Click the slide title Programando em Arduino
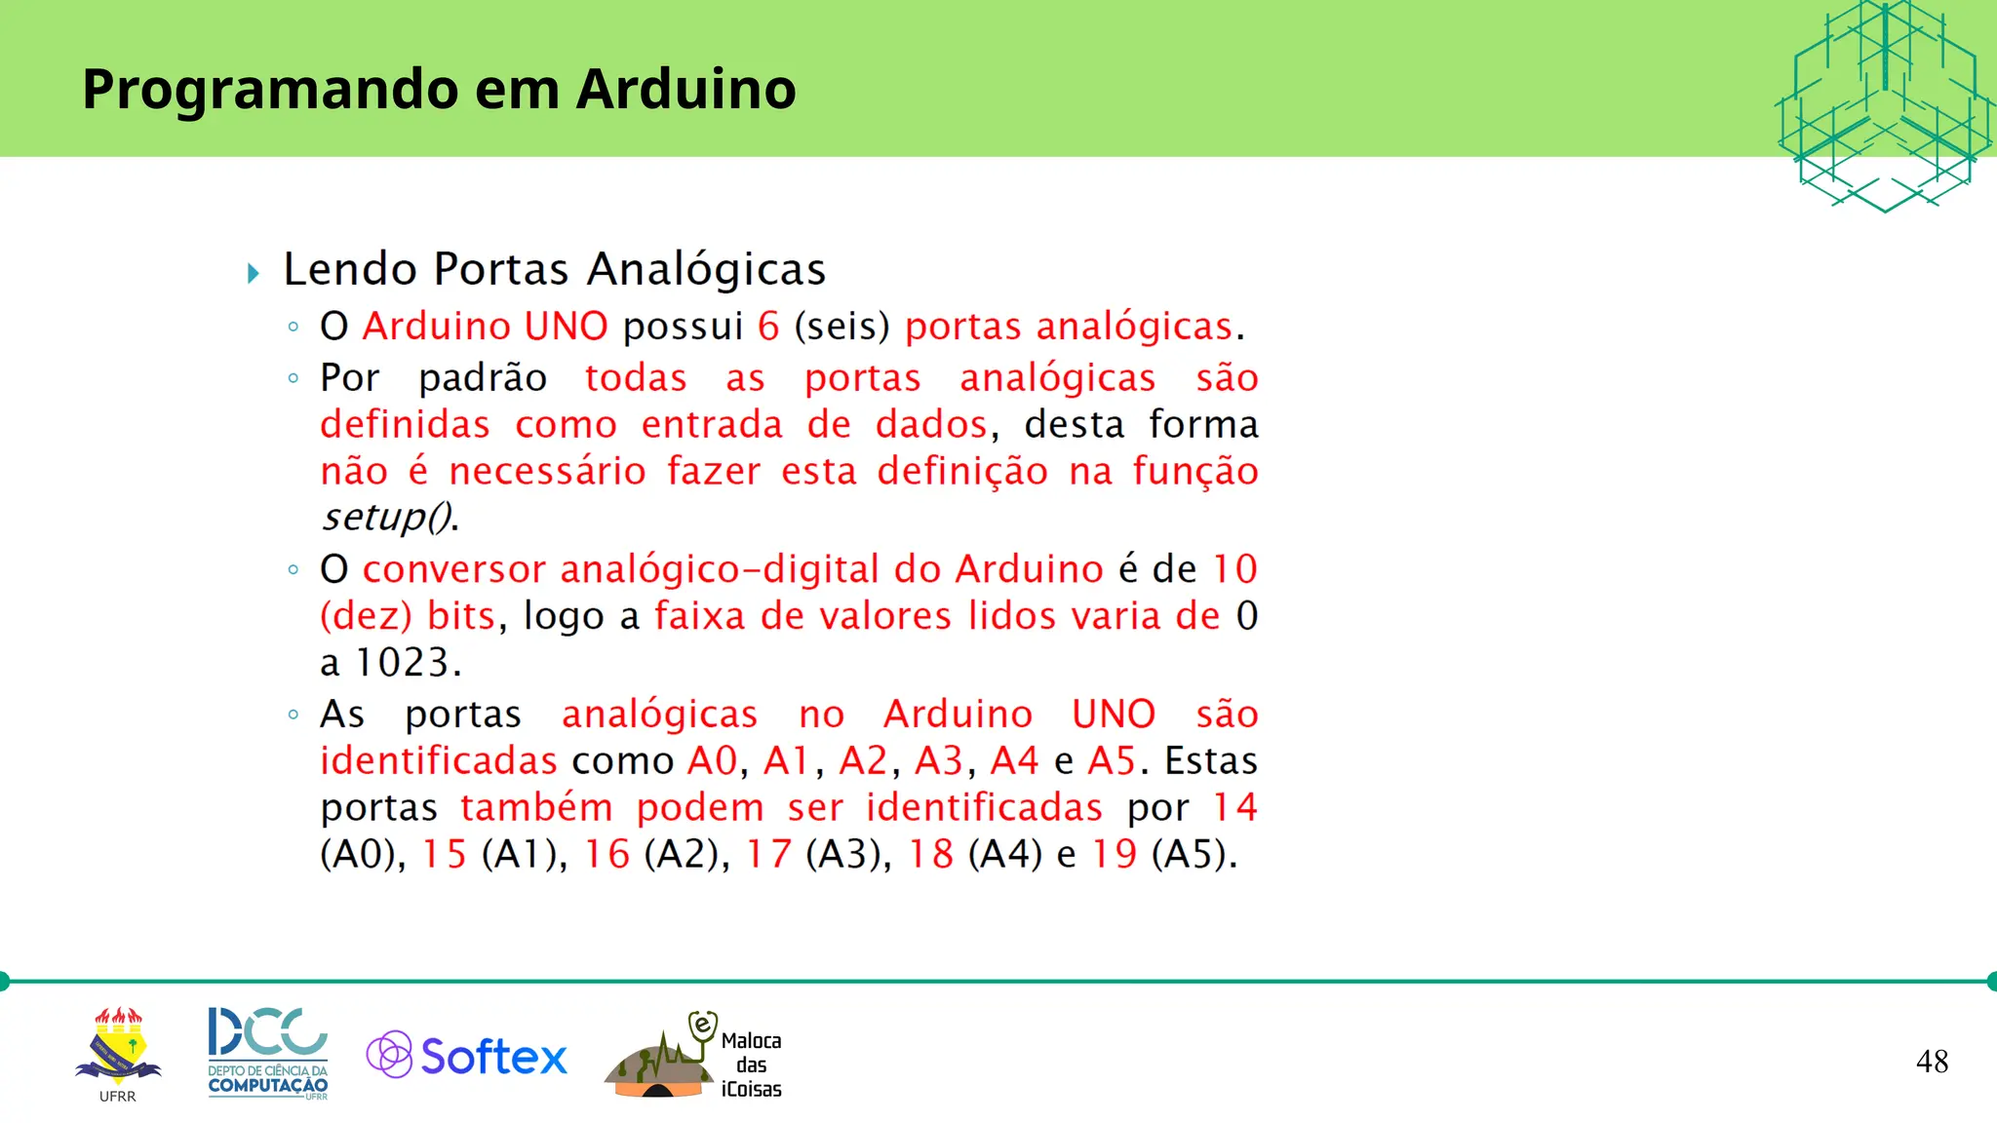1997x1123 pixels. coord(439,89)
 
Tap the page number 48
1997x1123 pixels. coord(1932,1062)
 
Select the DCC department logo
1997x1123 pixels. coord(268,1053)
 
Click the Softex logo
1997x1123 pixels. coord(467,1056)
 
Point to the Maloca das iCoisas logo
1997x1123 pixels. coord(693,1057)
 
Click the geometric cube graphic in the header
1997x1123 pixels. coord(1884,105)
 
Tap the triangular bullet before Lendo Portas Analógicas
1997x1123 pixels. coord(254,273)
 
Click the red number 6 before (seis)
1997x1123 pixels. coord(768,327)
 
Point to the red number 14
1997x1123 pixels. coord(1234,808)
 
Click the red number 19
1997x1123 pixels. coord(1114,855)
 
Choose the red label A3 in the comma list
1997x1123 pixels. coord(938,761)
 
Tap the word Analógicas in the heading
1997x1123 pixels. coord(707,270)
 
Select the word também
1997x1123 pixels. coord(536,808)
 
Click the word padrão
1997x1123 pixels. coord(483,378)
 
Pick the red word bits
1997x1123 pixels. coord(461,617)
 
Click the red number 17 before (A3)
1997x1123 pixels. coord(768,855)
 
